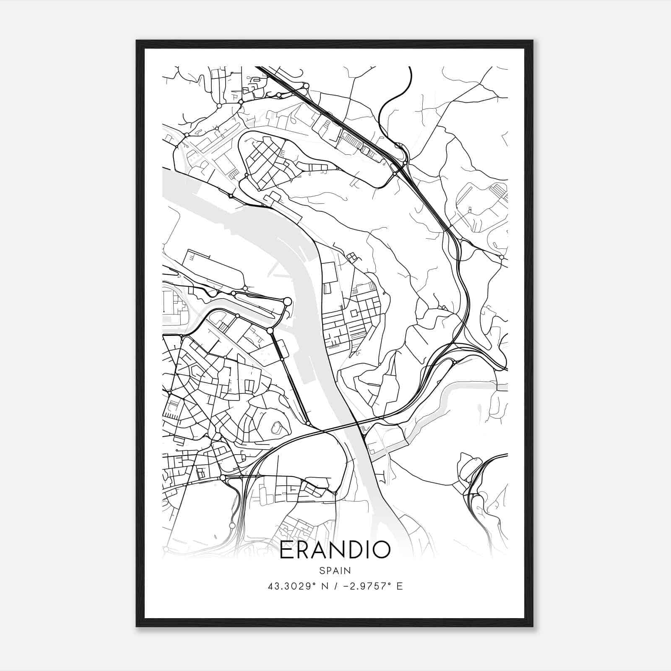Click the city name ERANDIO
tap(335, 550)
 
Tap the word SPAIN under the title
tap(335, 570)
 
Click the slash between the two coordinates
tap(332, 586)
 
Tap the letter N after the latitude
tap(323, 586)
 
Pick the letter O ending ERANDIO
tap(381, 550)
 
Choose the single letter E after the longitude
tap(399, 586)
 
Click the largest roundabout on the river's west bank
tap(287, 301)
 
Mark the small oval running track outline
tap(276, 428)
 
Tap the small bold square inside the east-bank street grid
tap(354, 313)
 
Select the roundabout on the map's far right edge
tap(502, 257)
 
